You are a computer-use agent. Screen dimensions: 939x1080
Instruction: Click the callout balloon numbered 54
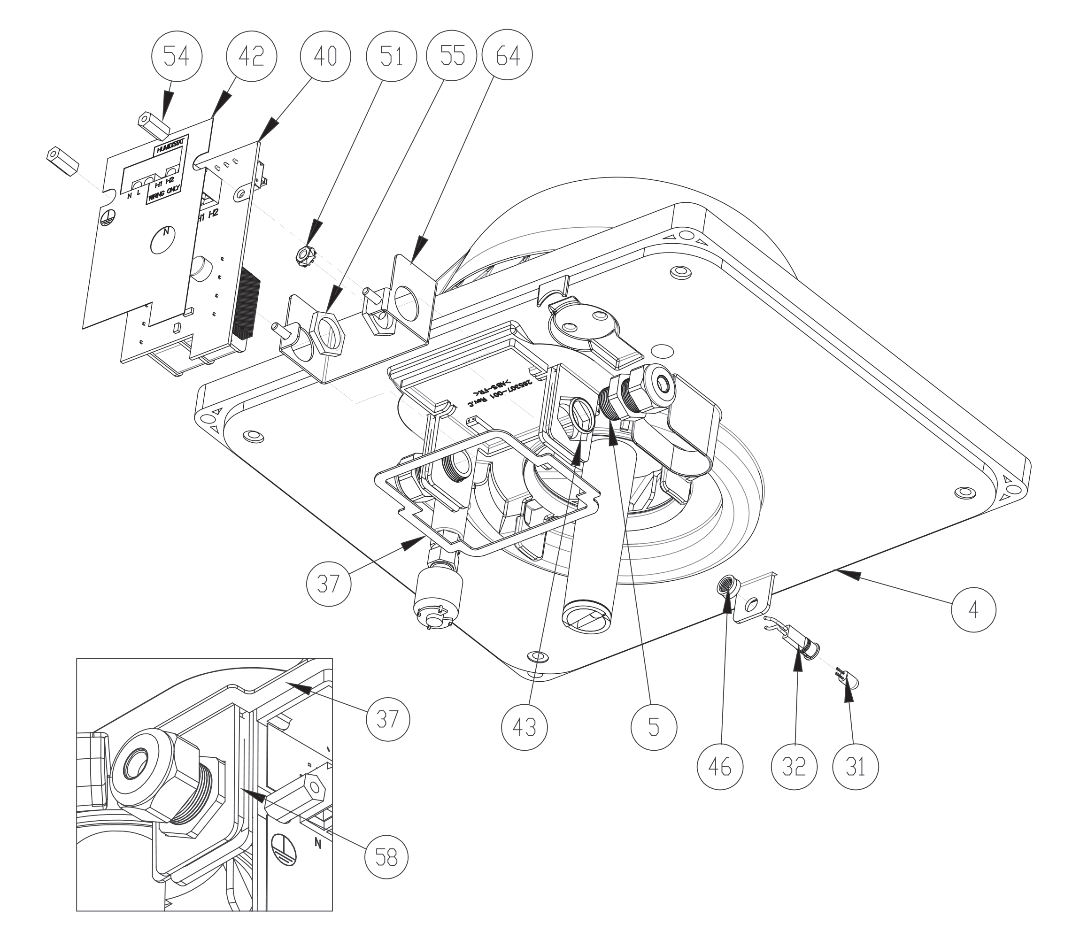click(x=176, y=57)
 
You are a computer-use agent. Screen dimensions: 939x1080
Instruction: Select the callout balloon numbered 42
click(x=251, y=57)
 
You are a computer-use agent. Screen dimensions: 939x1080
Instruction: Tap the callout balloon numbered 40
click(x=325, y=57)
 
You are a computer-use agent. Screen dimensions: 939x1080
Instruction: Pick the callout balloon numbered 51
click(x=392, y=57)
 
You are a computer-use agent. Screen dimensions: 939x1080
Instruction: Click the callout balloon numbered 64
click(x=508, y=57)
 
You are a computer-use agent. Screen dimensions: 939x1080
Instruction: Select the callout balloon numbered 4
click(x=973, y=610)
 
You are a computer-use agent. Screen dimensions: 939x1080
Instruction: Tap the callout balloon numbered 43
click(x=525, y=727)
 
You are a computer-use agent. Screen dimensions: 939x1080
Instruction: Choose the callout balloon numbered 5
click(x=654, y=727)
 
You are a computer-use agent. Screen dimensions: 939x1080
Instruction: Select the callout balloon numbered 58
click(x=386, y=858)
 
